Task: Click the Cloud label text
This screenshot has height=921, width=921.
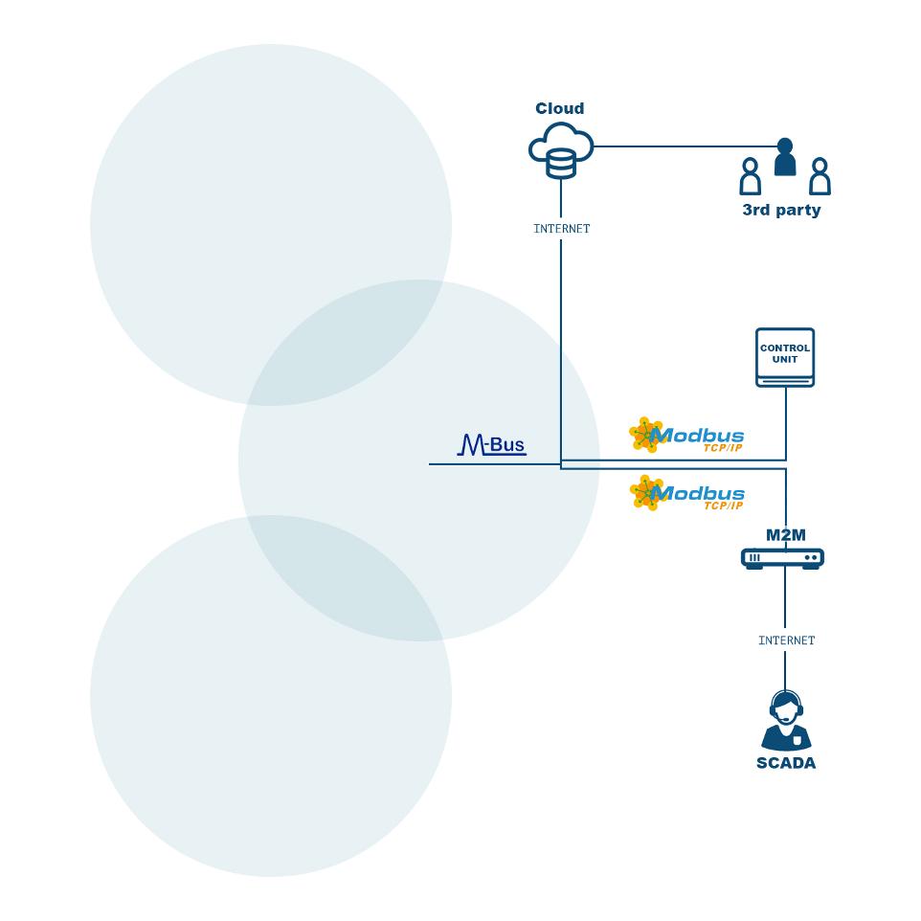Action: click(x=559, y=108)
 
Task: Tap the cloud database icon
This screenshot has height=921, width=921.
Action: click(x=561, y=150)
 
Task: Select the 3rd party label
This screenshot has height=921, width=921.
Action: click(x=781, y=211)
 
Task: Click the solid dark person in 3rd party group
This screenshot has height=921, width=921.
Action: click(x=785, y=156)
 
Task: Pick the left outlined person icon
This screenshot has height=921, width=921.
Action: click(x=750, y=176)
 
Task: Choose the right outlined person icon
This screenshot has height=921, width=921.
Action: click(x=820, y=176)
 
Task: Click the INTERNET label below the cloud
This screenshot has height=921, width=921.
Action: click(x=562, y=229)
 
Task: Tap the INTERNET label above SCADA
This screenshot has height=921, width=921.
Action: click(x=787, y=640)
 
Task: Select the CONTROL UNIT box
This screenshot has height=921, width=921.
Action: click(x=785, y=357)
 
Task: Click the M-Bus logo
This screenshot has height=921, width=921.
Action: click(x=492, y=444)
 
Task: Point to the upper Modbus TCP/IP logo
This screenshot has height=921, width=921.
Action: click(x=686, y=436)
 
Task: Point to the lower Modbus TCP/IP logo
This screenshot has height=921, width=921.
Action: click(x=686, y=493)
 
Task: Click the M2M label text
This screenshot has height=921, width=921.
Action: click(x=785, y=535)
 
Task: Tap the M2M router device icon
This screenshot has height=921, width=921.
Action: click(x=782, y=558)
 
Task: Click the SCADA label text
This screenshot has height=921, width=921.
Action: click(x=786, y=763)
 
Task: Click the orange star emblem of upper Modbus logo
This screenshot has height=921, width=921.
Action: click(x=646, y=435)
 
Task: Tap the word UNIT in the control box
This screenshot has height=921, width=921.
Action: click(x=785, y=359)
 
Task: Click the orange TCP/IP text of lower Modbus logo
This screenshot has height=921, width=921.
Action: click(x=723, y=505)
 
